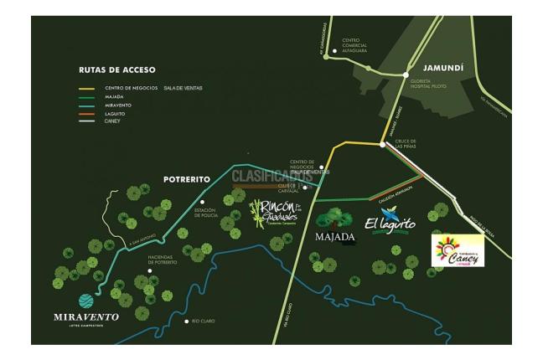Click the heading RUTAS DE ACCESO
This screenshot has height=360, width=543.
[x=116, y=69]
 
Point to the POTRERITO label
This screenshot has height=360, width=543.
[x=186, y=180]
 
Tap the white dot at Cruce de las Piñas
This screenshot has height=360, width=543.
[x=383, y=145]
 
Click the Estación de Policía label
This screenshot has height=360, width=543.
[x=206, y=213]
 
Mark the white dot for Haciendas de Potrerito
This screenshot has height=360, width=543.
[x=150, y=270]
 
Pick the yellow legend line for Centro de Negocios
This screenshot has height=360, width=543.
[x=86, y=87]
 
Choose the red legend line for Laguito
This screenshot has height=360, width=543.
[x=86, y=112]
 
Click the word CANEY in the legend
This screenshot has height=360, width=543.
[x=113, y=121]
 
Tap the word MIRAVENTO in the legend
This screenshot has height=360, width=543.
[x=119, y=104]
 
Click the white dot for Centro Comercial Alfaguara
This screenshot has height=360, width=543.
[x=335, y=52]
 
